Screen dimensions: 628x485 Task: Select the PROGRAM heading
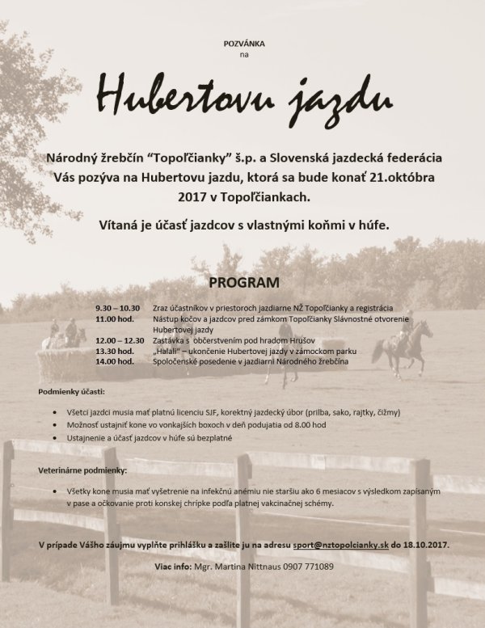tap(242, 284)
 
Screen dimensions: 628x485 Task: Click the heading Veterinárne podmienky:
tap(82, 470)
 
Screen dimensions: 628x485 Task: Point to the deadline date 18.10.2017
tap(428, 545)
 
